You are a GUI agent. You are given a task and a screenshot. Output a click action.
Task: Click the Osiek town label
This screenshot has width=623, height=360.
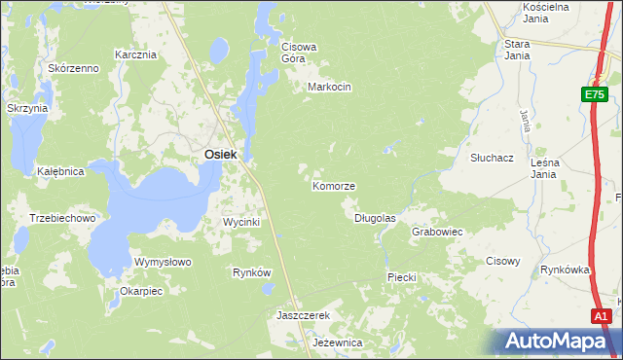[221, 155]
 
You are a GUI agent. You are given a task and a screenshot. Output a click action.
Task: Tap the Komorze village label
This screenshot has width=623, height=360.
[334, 186]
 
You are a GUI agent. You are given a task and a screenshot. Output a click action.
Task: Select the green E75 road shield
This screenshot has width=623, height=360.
[596, 94]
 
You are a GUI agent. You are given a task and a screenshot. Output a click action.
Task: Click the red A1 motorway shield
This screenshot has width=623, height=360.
[602, 316]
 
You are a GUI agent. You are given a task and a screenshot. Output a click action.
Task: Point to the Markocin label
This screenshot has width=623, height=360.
[329, 87]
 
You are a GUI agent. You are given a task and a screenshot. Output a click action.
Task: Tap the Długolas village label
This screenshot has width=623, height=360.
[375, 218]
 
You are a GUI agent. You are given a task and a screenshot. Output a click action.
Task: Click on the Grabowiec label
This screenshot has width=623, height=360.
[436, 233]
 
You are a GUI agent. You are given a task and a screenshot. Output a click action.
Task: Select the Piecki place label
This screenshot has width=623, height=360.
[402, 277]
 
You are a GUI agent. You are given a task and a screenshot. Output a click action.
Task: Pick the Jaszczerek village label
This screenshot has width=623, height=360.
[304, 316]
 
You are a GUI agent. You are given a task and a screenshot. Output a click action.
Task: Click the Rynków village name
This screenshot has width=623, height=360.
[251, 272]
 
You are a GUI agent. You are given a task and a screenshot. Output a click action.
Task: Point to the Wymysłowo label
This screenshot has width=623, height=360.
[163, 263]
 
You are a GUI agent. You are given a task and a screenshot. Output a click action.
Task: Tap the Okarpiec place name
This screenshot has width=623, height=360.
[140, 290]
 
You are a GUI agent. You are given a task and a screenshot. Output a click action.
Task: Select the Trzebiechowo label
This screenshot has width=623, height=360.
[62, 218]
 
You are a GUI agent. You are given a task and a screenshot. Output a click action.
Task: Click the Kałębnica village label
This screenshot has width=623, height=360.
[60, 171]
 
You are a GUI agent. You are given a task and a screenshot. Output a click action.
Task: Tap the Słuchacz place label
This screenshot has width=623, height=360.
[464, 157]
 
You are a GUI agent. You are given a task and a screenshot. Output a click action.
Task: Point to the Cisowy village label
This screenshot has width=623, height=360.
[503, 261]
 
